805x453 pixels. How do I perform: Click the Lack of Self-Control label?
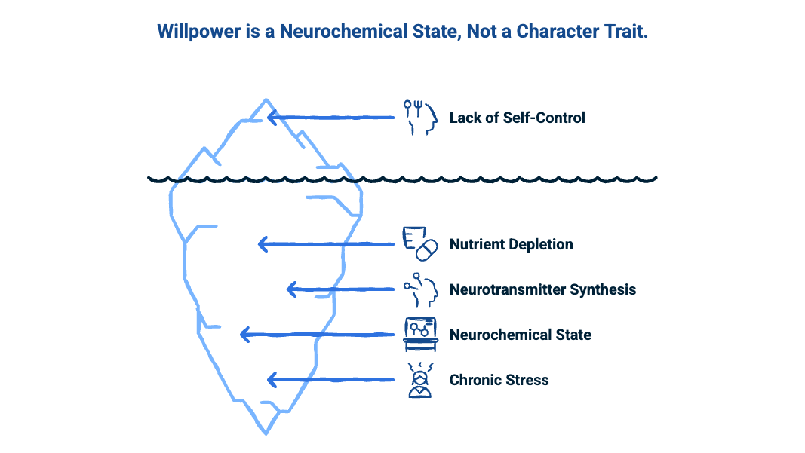tap(517, 118)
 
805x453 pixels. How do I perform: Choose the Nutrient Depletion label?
tap(511, 244)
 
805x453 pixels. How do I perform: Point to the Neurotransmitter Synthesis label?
tap(542, 289)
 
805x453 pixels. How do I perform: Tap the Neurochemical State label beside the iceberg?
tap(520, 335)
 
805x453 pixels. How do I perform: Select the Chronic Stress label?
tap(499, 380)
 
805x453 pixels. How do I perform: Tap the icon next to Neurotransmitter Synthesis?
tap(420, 289)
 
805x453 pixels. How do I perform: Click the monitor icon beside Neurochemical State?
tap(420, 334)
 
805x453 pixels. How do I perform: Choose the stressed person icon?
tap(419, 380)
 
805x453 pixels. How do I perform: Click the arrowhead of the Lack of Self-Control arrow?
tap(272, 118)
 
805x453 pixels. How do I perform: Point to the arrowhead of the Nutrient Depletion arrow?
tap(262, 243)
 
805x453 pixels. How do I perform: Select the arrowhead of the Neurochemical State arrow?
tap(243, 335)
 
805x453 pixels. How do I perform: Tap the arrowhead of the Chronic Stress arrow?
tap(272, 380)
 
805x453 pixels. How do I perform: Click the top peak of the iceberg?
tap(265, 99)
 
